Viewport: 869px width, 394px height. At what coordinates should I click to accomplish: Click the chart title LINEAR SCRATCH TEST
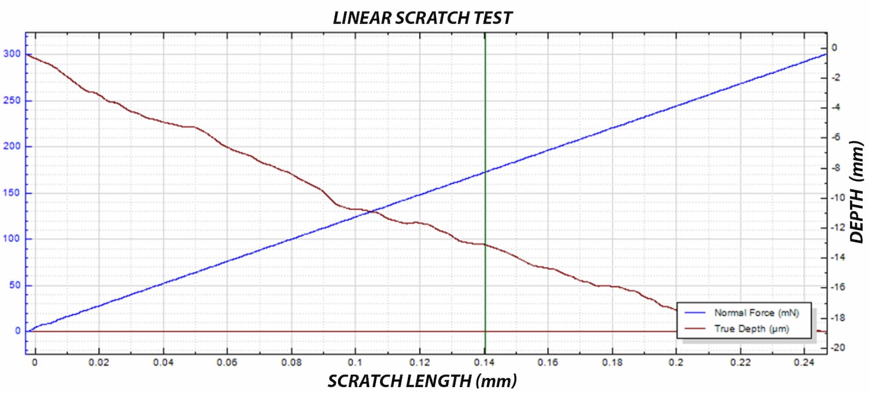tap(422, 18)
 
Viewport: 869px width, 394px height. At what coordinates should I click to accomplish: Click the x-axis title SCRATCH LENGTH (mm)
tap(422, 381)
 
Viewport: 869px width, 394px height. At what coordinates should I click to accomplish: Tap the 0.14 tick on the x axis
tap(485, 363)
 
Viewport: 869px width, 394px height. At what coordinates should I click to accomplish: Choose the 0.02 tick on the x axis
tap(100, 363)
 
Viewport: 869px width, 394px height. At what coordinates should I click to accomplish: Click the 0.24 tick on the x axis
tap(805, 363)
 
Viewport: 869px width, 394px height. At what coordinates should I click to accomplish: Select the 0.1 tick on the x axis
tap(355, 363)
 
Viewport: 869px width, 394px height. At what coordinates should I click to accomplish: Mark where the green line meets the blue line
tap(485, 172)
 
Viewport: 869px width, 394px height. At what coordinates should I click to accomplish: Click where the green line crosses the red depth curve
tap(485, 245)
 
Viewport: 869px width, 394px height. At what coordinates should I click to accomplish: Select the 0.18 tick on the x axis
tap(613, 363)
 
